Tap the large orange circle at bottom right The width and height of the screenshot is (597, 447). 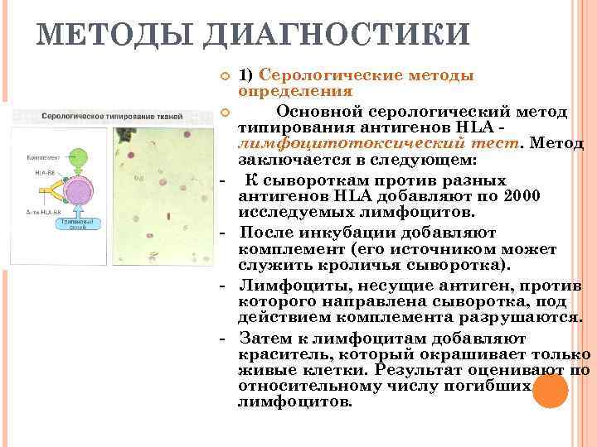pyautogui.click(x=550, y=391)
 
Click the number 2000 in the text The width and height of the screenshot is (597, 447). pyautogui.click(x=519, y=196)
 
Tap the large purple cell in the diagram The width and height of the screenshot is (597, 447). pyautogui.click(x=80, y=192)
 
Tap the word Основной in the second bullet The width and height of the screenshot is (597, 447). pyautogui.click(x=315, y=112)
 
